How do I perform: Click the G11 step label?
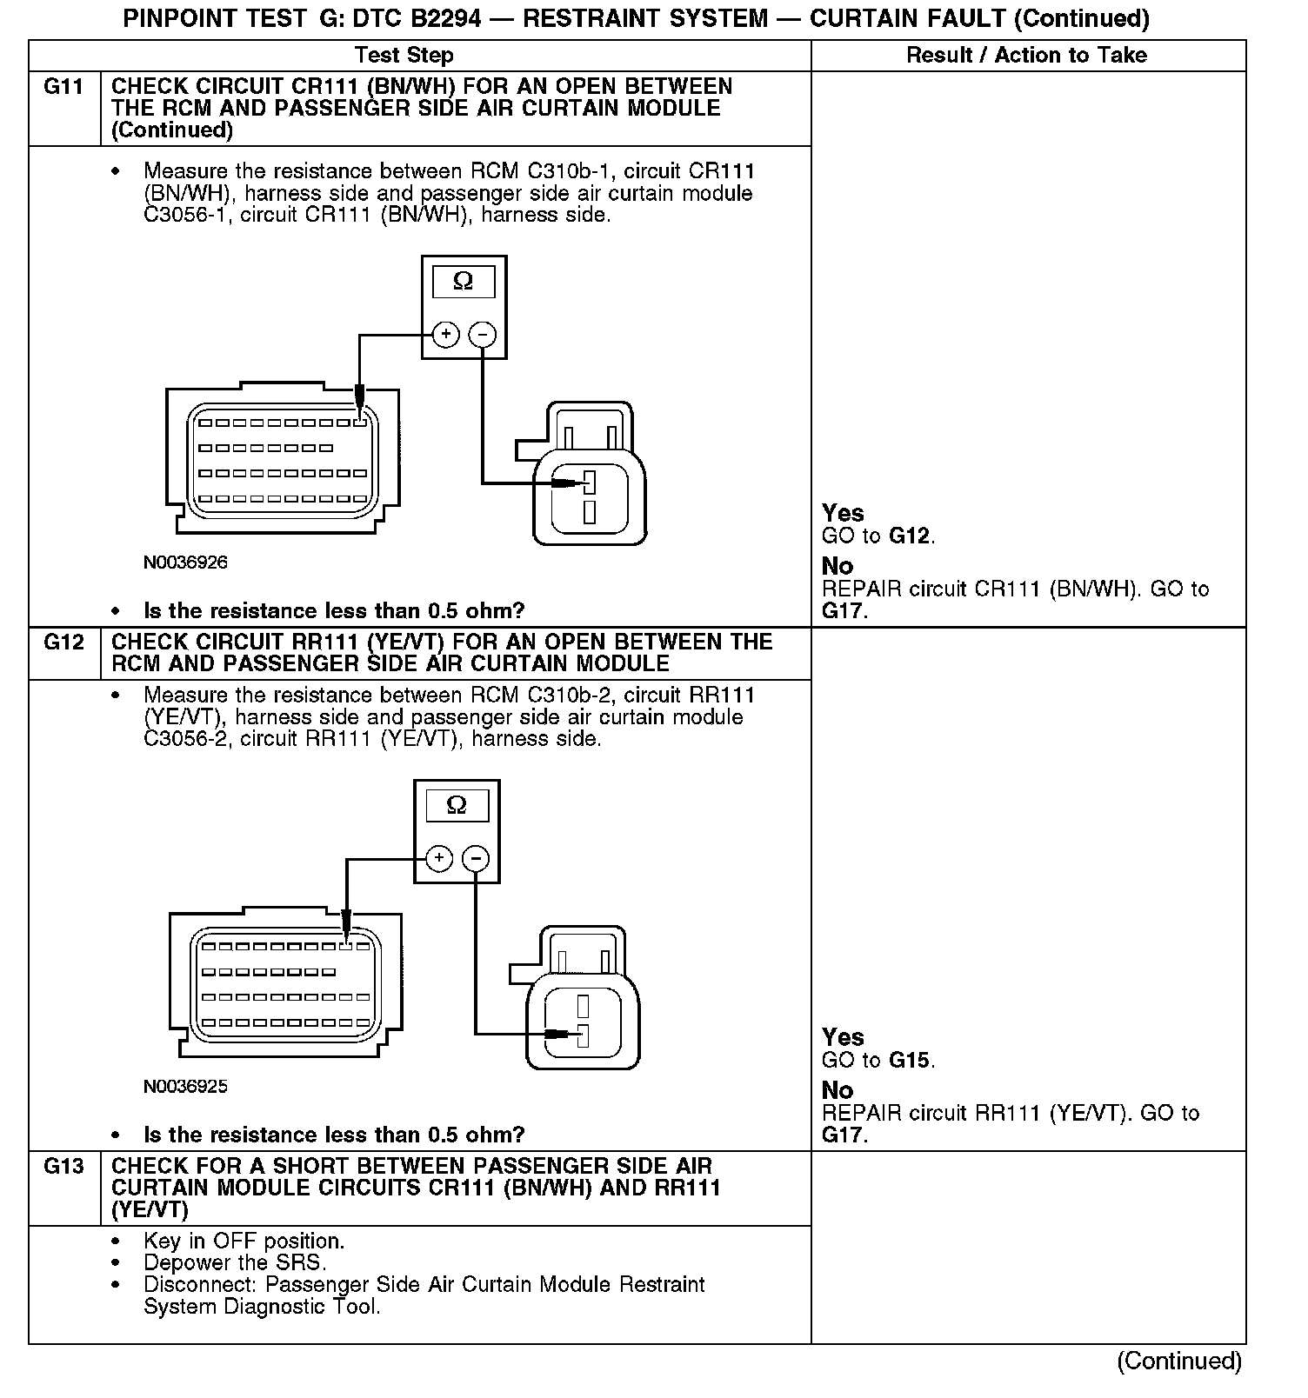(x=63, y=87)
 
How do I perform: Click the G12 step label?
(x=63, y=642)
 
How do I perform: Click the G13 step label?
(x=63, y=1167)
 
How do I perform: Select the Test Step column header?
(x=404, y=56)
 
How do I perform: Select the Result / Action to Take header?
(x=1026, y=56)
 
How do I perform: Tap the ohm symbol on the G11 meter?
(x=464, y=282)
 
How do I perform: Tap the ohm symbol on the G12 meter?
(x=457, y=806)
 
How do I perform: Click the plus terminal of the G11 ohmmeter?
(x=445, y=334)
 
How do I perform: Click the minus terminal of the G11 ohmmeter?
(x=483, y=334)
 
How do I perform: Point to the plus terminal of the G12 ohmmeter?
(x=439, y=859)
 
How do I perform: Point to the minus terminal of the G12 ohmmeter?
(x=476, y=859)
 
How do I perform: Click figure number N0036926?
(x=185, y=563)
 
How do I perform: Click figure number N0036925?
(x=185, y=1087)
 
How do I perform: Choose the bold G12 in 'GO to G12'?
(x=911, y=536)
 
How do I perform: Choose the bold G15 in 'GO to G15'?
(x=911, y=1061)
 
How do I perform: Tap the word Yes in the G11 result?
(x=843, y=513)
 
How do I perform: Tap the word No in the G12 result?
(x=838, y=1090)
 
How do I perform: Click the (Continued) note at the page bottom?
(x=1179, y=1361)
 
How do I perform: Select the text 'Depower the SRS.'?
(x=235, y=1263)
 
